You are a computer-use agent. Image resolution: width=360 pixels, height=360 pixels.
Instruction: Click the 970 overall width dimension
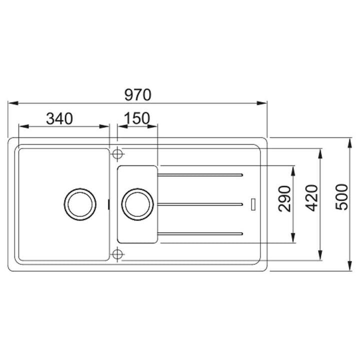(138, 95)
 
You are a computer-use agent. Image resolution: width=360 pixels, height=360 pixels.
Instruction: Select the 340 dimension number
(59, 118)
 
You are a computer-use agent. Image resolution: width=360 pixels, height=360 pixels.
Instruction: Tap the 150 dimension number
(137, 118)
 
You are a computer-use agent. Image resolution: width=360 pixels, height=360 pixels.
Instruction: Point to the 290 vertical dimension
(284, 199)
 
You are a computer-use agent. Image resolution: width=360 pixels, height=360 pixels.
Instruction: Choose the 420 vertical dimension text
(311, 198)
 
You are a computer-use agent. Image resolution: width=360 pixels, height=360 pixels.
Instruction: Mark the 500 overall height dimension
(341, 197)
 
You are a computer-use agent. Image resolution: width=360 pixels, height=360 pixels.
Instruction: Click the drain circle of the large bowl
(80, 204)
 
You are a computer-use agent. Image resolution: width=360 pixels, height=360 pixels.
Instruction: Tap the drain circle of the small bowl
(137, 204)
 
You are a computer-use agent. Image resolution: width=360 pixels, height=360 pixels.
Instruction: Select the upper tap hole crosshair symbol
(117, 154)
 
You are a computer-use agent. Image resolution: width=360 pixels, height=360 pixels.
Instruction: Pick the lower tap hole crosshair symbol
(117, 254)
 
